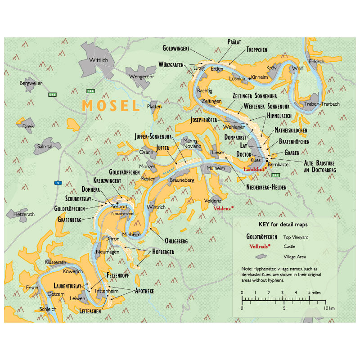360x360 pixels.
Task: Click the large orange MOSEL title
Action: (x=111, y=105)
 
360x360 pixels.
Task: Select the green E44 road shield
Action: (x=91, y=91)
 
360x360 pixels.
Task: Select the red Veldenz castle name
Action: (x=222, y=209)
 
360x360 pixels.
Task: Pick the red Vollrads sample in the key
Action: (x=258, y=246)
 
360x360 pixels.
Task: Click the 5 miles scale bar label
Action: (x=315, y=292)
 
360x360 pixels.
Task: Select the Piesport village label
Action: (x=119, y=207)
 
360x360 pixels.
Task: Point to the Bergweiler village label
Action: (x=31, y=83)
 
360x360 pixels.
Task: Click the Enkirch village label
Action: (x=317, y=61)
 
